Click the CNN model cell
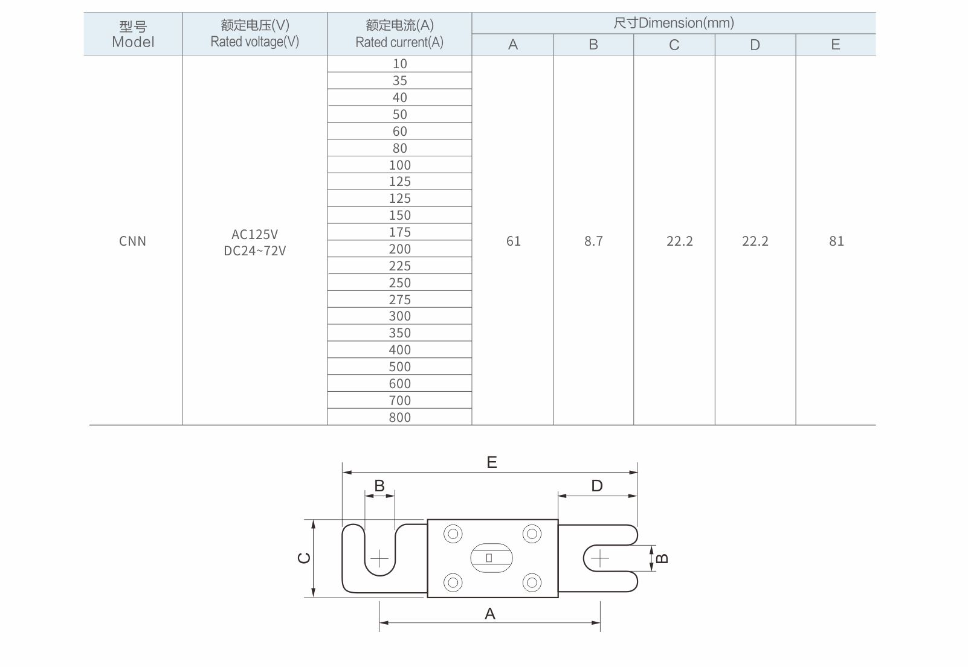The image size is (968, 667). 132,241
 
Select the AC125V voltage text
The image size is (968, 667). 254,234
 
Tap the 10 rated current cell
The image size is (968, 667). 400,64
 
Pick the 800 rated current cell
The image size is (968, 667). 400,417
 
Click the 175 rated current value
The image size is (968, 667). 400,232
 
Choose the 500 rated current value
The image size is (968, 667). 400,366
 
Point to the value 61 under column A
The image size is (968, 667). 514,241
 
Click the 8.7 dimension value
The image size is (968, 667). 593,241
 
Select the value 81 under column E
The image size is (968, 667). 836,241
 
